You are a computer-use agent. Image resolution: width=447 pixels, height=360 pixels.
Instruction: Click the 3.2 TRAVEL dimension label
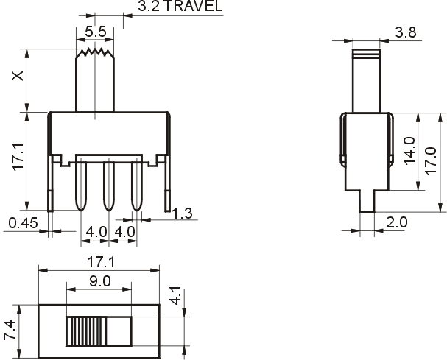tap(180, 6)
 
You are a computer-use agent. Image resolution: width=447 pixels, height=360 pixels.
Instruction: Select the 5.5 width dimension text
tap(96, 32)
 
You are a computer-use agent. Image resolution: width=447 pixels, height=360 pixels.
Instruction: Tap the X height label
tap(18, 76)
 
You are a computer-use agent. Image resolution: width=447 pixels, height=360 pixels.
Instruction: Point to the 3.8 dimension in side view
tap(405, 32)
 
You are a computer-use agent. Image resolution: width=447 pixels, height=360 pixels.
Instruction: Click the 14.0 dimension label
tap(409, 150)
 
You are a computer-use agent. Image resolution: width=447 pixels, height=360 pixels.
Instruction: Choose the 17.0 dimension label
tap(431, 160)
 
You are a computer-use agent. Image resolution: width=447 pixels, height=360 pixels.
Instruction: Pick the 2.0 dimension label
tap(396, 222)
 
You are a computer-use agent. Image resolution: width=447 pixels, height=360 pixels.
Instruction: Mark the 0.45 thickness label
tap(23, 223)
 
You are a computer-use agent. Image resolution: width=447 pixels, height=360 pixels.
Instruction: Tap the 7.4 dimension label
tap(10, 330)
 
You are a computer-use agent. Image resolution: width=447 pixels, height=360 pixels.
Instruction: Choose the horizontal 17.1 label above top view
tap(101, 262)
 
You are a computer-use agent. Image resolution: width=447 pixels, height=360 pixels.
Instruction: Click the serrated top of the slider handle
tap(95, 53)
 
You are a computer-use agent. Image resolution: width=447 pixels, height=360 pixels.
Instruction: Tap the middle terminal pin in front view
tap(108, 186)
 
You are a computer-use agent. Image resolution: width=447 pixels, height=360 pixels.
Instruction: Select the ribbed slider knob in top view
tap(86, 331)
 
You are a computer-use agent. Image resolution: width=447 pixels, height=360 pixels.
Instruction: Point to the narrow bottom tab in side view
tap(367, 201)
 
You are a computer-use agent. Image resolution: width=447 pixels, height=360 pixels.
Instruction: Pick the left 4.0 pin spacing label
tap(96, 232)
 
